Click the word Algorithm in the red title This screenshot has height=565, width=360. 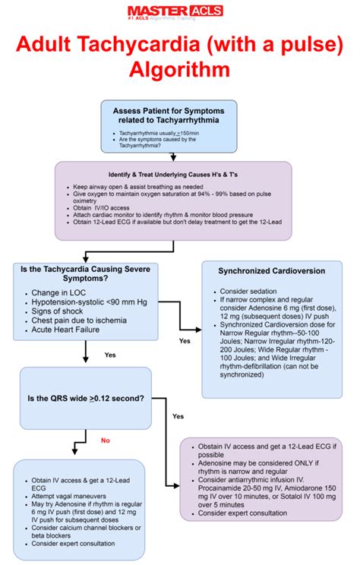pos(180,70)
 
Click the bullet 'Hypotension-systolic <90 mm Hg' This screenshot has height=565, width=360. pos(89,302)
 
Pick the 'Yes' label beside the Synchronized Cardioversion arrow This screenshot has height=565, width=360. pos(184,341)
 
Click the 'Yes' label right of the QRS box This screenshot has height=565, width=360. pos(178,416)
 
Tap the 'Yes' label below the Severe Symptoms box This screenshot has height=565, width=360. pos(109,355)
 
